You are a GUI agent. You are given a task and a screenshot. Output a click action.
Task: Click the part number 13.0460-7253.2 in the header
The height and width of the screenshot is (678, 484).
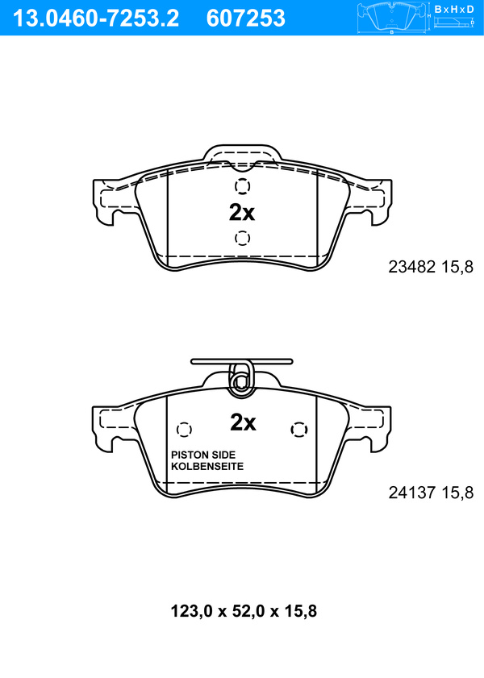95,19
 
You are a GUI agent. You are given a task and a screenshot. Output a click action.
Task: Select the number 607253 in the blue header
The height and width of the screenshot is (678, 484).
246,19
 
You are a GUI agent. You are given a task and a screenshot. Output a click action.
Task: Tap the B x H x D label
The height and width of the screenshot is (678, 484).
453,9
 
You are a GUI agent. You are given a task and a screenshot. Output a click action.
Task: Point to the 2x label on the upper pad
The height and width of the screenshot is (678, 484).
242,212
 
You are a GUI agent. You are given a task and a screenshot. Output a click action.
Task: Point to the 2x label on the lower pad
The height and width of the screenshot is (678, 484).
243,422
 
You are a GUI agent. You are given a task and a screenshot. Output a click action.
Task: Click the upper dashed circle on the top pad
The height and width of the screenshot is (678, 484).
242,186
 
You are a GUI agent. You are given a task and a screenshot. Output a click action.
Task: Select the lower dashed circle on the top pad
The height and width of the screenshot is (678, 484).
242,238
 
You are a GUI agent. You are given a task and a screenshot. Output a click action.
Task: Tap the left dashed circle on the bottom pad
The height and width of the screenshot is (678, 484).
184,430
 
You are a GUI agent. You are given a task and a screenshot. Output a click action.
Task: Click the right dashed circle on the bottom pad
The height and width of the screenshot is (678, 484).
299,430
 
